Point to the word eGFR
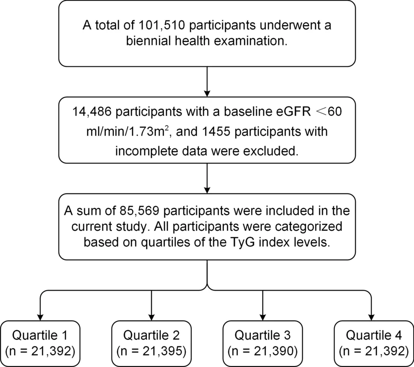pos(293,112)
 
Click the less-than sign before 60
pos(322,112)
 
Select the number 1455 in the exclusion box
pos(216,131)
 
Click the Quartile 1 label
pos(40,335)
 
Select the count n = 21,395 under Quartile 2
pos(151,351)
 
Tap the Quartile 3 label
pos(263,335)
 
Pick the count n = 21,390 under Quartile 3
pos(263,351)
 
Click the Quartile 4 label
pos(374,335)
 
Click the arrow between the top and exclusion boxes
pos(207,82)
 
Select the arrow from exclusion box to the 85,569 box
pos(207,178)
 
